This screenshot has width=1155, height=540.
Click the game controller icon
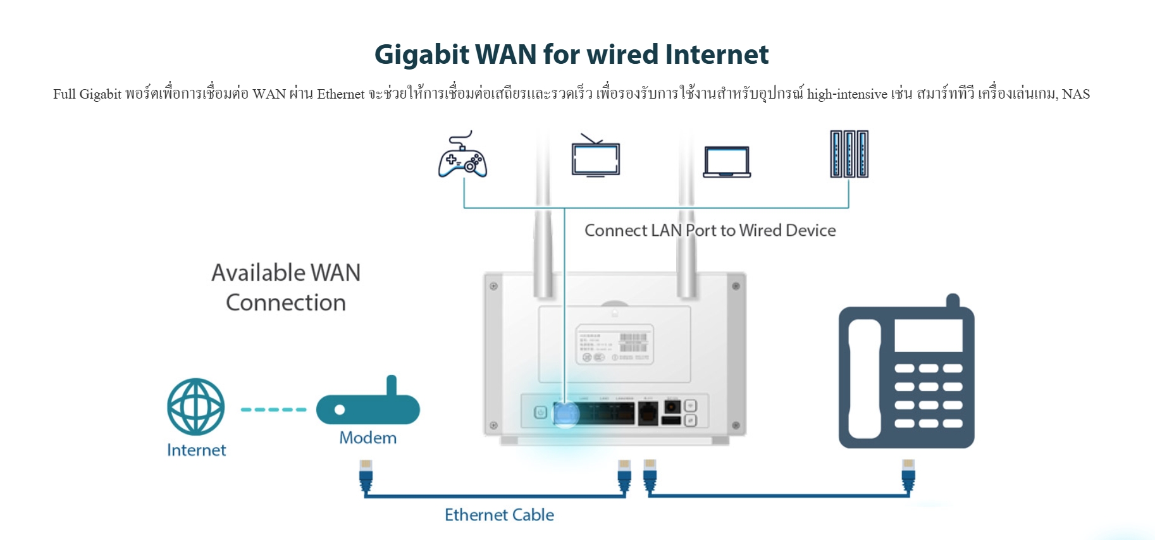tap(462, 156)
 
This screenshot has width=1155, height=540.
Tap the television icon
tap(595, 157)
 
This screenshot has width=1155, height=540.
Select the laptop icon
tap(727, 162)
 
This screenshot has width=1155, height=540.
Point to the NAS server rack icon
tap(849, 154)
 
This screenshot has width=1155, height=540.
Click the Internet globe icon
tap(195, 407)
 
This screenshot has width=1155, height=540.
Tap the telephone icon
tap(906, 376)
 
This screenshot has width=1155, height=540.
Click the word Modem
tap(367, 438)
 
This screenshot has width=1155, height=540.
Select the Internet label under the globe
tap(196, 450)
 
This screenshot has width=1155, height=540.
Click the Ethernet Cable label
tap(499, 515)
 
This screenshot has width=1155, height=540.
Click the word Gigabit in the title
tap(421, 54)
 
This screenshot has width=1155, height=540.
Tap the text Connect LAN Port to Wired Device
tap(710, 230)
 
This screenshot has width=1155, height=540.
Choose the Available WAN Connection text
tap(286, 288)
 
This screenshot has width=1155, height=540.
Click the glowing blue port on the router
tap(565, 414)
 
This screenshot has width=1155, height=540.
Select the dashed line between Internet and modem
tap(273, 409)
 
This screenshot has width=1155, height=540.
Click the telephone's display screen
tap(928, 336)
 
